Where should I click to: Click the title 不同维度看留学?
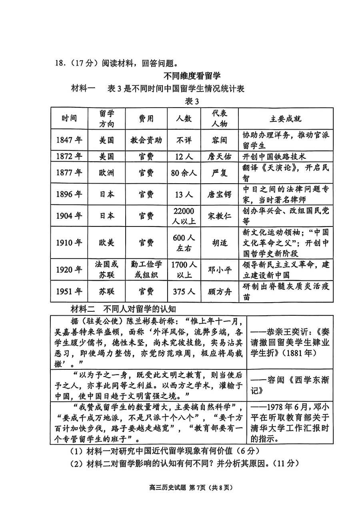[x=192, y=76]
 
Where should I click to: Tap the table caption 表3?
[x=192, y=101]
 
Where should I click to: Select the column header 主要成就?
[x=286, y=118]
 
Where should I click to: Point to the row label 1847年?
[x=69, y=140]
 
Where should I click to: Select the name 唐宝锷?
[x=220, y=194]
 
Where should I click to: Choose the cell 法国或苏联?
[x=106, y=269]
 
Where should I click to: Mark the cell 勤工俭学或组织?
[x=146, y=269]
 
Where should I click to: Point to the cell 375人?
[x=184, y=292]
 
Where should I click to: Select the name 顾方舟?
[x=220, y=292]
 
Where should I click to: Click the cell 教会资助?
[x=146, y=140]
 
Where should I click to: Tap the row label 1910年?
[x=69, y=242]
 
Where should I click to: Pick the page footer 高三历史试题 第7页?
[x=191, y=487]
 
